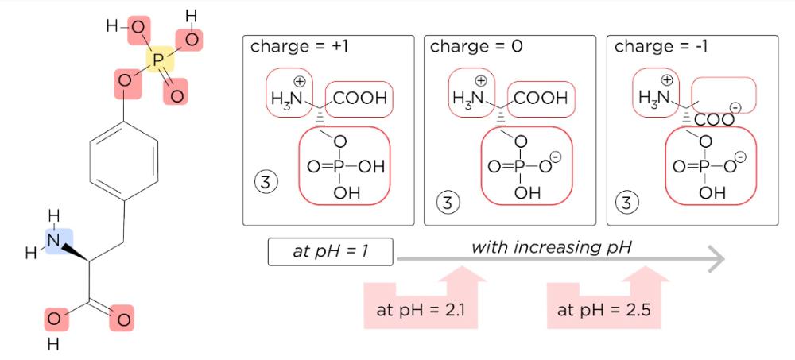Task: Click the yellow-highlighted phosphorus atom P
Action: click(x=157, y=60)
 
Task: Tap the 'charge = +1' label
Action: click(x=300, y=46)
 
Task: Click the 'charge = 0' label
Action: click(x=476, y=46)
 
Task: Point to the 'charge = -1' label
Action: click(x=661, y=46)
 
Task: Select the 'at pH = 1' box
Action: click(x=331, y=251)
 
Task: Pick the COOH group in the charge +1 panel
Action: click(x=360, y=99)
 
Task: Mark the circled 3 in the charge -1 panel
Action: click(x=627, y=202)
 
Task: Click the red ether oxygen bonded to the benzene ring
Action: click(x=125, y=80)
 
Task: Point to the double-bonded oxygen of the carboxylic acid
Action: click(x=122, y=320)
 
